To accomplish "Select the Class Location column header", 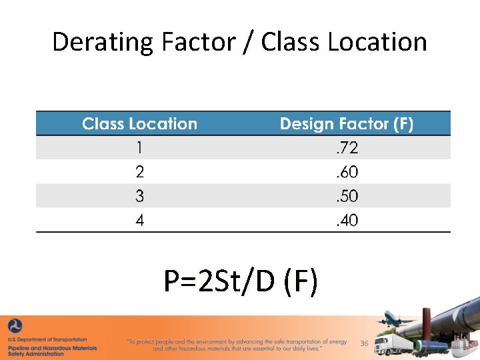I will click(x=139, y=124).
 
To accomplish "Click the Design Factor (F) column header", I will click(x=347, y=124).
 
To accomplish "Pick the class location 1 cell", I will click(x=139, y=147).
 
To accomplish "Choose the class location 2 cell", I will click(x=139, y=172).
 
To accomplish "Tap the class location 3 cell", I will click(x=139, y=196).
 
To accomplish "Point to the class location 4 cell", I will click(x=139, y=220).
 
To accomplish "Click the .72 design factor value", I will click(x=347, y=147).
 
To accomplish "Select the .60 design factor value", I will click(x=347, y=172).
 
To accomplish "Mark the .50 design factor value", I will click(x=347, y=196).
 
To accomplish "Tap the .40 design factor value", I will click(x=347, y=220).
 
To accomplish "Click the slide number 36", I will click(x=364, y=343).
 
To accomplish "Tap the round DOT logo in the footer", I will click(x=15, y=326).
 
